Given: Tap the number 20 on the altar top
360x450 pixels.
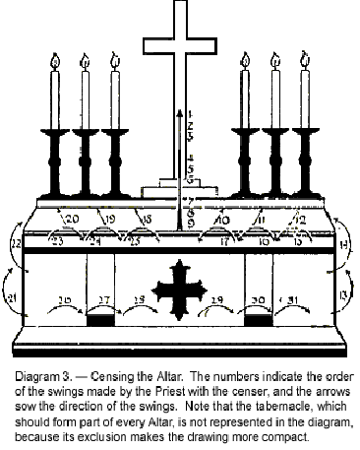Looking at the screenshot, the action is tap(71, 219).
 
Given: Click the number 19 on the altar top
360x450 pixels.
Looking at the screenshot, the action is tap(109, 219).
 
